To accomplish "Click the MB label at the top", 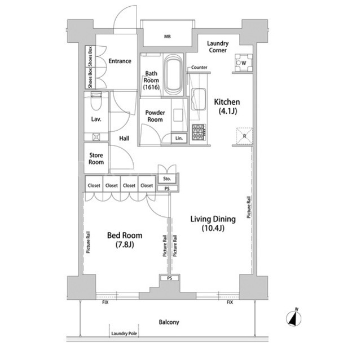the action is [x=168, y=37].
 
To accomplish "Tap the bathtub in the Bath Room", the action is [x=173, y=74].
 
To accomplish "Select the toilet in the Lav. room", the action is [x=96, y=101].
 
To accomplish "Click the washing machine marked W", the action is [x=244, y=63].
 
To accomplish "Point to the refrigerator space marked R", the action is [x=244, y=136].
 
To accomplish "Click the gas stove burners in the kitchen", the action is [x=199, y=132].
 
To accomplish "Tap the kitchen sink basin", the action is [x=198, y=99].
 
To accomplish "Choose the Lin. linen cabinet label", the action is [x=179, y=138].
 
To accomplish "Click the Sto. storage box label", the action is [x=167, y=179].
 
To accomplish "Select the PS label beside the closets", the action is [x=167, y=189].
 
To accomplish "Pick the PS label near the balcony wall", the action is [x=169, y=278].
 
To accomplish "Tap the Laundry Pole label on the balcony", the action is [x=124, y=334].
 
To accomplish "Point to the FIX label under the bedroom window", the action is [x=105, y=303].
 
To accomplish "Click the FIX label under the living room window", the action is [x=230, y=303].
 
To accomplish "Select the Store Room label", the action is [x=96, y=159].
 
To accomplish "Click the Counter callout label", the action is [x=199, y=68].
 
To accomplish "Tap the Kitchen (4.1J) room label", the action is [x=227, y=106].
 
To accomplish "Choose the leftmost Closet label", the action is [x=94, y=185].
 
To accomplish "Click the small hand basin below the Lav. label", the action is [x=96, y=137].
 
